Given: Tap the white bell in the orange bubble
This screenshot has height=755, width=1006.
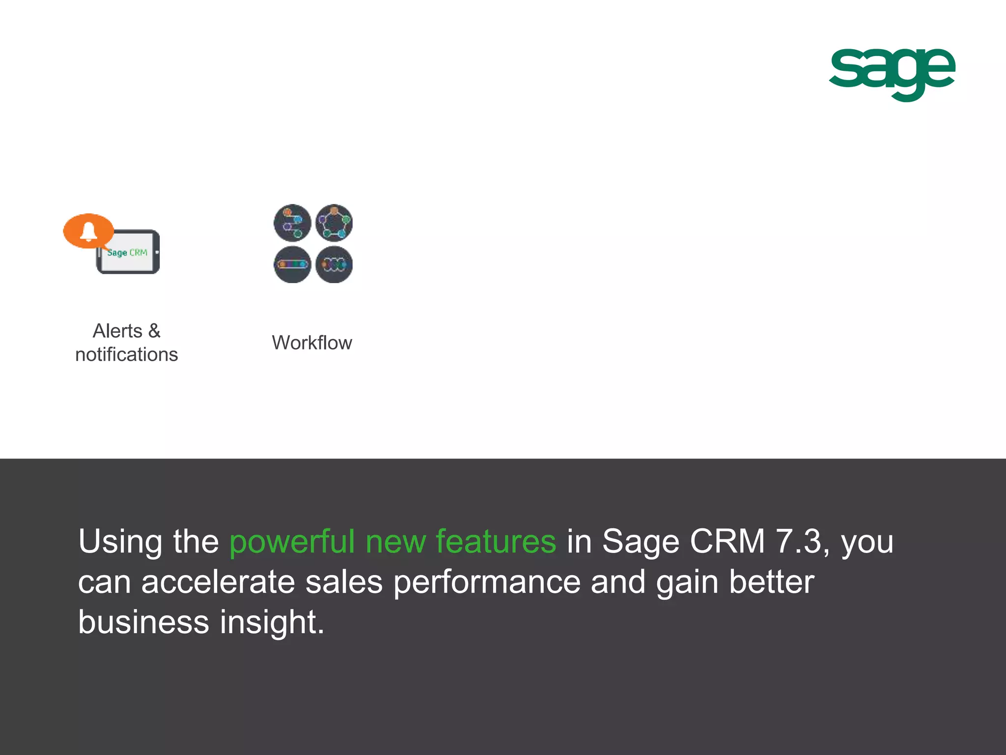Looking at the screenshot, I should point(88,231).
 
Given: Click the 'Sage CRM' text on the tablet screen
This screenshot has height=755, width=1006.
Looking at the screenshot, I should point(127,253).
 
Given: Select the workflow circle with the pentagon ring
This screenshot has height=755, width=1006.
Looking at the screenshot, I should point(334,223).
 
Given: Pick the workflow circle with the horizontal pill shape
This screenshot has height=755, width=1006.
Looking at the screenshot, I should point(292,264).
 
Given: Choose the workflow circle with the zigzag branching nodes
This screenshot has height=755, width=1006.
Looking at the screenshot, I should point(292,223).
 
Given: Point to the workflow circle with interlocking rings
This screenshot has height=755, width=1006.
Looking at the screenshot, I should point(334,264).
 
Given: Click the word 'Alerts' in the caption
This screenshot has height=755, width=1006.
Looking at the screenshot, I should point(117,331).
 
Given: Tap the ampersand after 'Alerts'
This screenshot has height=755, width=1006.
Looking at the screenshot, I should point(154,331).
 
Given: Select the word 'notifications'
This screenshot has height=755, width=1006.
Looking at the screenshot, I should point(126,354).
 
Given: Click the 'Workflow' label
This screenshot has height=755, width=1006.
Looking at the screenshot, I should point(312,343).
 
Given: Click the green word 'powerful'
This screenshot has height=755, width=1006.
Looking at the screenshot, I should point(292,542).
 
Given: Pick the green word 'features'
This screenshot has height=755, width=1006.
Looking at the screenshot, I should point(496,541).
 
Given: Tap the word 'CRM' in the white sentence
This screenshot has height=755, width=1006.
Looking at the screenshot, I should point(727,541).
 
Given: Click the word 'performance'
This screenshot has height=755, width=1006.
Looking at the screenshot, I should point(487,583).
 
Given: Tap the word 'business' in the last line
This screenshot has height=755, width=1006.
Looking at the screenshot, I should point(143,622).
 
